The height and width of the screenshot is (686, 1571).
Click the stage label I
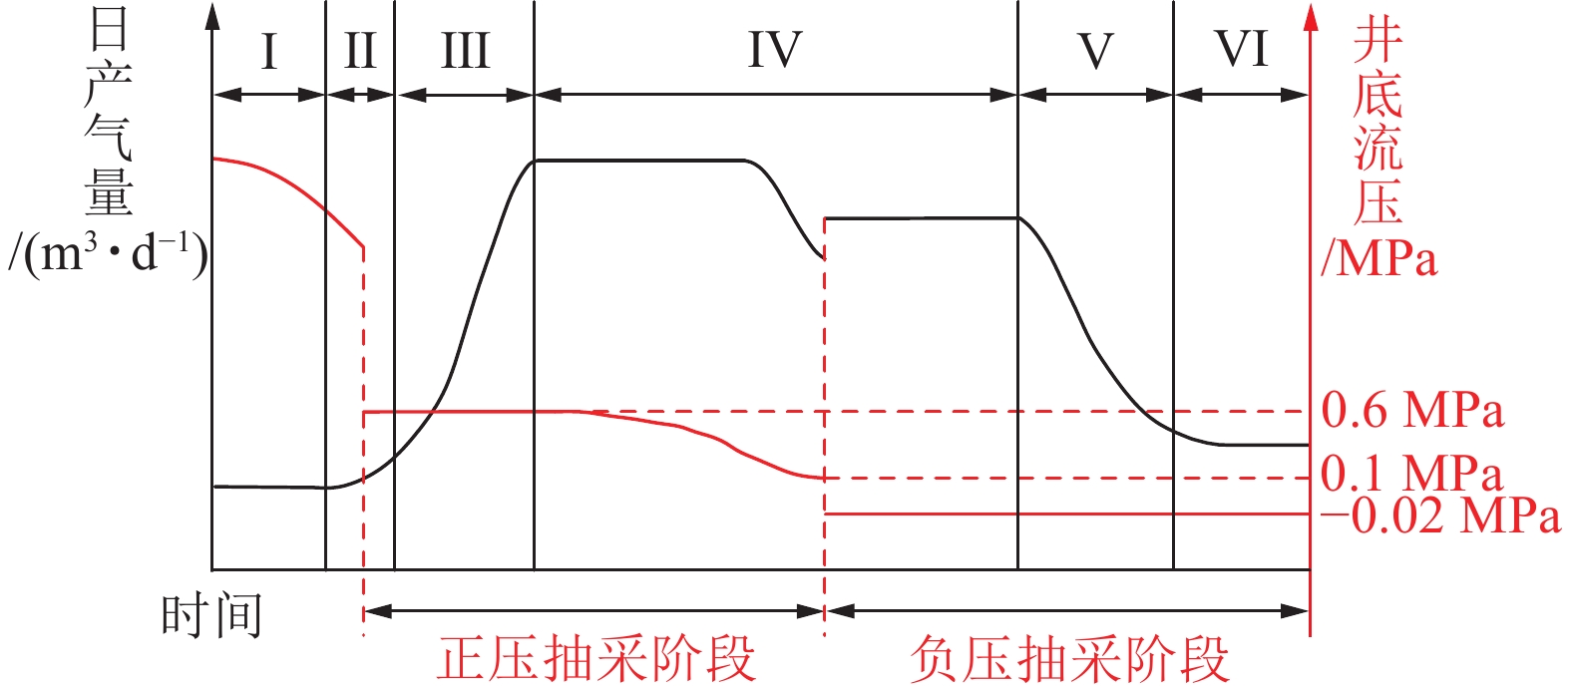268,51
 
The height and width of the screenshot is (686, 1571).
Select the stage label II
359,51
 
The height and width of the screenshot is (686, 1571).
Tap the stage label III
465,51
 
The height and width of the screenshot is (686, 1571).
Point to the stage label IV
775,51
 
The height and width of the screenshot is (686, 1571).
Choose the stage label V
1095,51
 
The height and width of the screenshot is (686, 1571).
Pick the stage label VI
1241,49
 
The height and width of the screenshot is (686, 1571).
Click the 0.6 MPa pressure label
1412,411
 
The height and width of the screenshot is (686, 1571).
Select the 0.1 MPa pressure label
1412,474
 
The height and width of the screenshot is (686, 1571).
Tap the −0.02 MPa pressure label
1440,515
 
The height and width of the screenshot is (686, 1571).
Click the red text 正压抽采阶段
595,659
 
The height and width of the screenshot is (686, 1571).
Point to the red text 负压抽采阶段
1068,659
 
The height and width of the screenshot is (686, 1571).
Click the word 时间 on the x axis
211,614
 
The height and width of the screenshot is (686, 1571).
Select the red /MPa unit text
1379,258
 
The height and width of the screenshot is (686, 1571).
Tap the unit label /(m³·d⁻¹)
108,256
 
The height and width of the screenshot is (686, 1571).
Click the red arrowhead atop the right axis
1311,17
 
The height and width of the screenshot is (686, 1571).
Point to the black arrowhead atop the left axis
211,17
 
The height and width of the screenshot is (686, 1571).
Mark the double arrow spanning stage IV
775,95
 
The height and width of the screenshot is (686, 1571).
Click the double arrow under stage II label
360,95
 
